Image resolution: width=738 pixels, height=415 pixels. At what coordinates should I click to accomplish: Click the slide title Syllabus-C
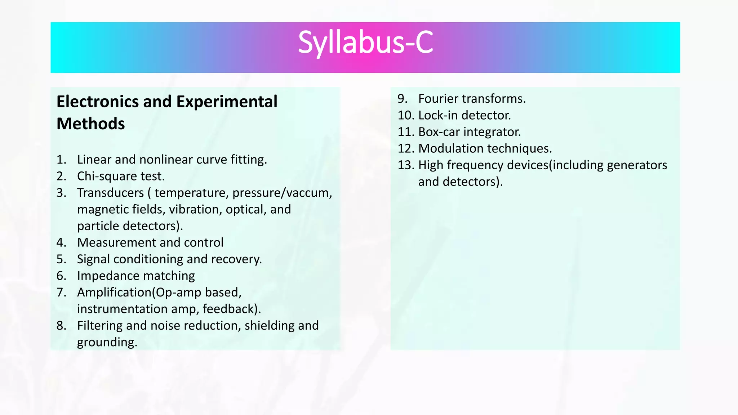coord(365,43)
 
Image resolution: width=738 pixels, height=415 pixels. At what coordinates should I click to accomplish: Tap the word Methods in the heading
coord(91,124)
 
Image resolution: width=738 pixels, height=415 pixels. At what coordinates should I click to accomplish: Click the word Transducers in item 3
coord(110,193)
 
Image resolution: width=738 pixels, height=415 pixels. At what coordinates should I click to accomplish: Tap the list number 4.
coord(61,242)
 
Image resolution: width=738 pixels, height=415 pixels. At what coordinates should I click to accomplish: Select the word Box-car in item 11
coord(439,132)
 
